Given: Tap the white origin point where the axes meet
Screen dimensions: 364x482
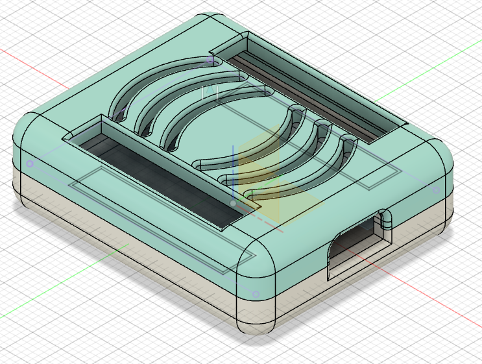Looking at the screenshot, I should click(x=233, y=203).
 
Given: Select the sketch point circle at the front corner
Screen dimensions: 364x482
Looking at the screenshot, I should click(x=256, y=294).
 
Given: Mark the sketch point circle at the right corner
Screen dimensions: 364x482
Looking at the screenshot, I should click(x=435, y=191).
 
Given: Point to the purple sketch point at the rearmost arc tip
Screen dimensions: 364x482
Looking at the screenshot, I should click(x=210, y=60).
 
